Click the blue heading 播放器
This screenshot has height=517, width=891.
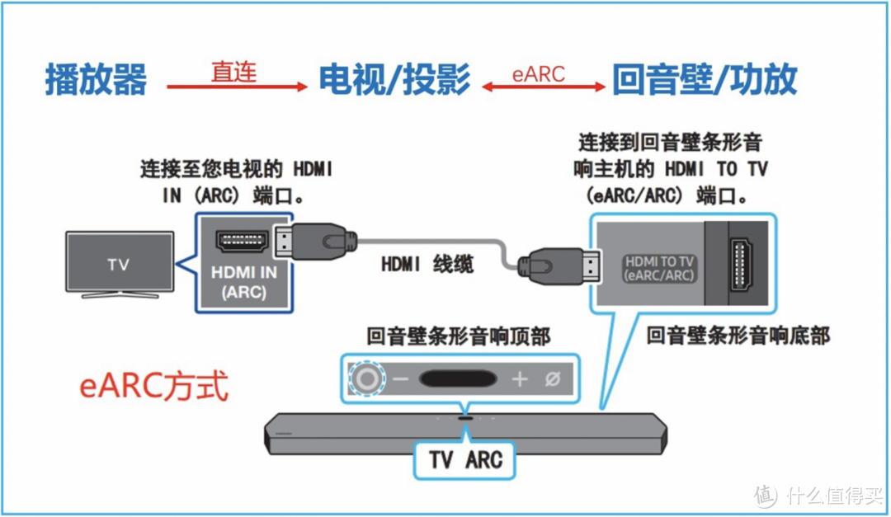point(96,80)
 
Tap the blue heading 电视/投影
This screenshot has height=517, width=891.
point(394,80)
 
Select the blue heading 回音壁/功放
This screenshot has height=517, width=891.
point(704,80)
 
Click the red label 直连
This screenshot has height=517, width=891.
point(233,73)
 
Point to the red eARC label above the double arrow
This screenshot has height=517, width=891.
point(538,74)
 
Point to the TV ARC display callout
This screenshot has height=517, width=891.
point(465,459)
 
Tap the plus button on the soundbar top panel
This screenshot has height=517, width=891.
point(519,379)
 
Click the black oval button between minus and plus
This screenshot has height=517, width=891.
point(459,379)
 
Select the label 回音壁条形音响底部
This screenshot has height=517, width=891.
point(738,335)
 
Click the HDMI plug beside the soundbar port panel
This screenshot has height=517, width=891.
point(555,266)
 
